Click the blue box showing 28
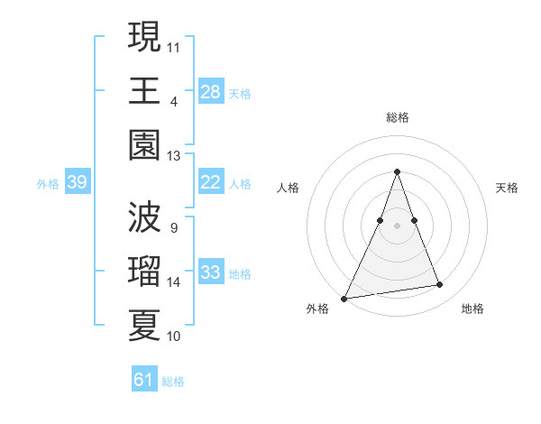(x=211, y=92)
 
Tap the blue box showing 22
(x=211, y=183)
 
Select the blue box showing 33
(x=211, y=273)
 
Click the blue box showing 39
(x=77, y=183)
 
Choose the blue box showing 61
(x=144, y=380)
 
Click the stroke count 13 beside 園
(x=173, y=156)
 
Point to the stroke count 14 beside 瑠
(x=173, y=282)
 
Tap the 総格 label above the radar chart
(x=397, y=117)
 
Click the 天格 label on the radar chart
(x=507, y=188)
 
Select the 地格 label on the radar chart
(x=472, y=309)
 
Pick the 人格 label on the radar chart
(x=289, y=188)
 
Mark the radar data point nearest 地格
(x=440, y=285)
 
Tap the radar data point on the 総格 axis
(x=397, y=171)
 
